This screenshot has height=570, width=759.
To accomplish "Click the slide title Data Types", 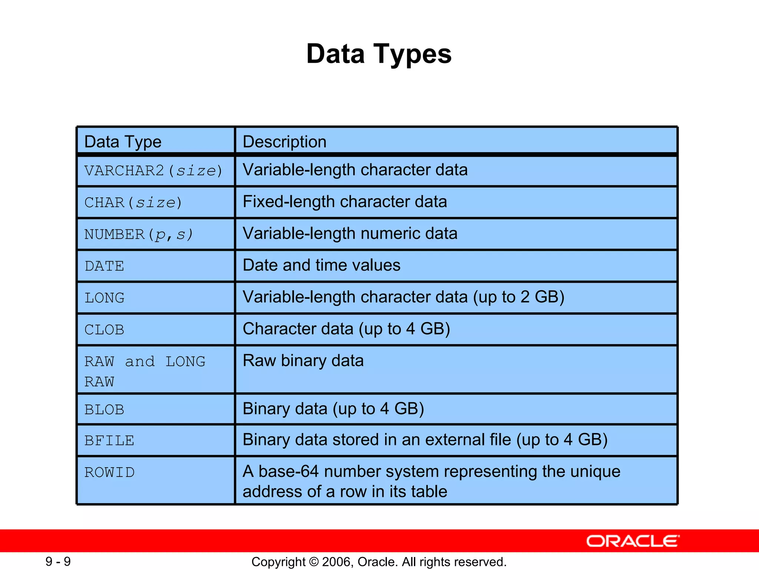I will (x=379, y=54).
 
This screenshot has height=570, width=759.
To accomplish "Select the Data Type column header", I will (x=123, y=142).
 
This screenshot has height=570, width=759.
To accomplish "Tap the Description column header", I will (x=284, y=142).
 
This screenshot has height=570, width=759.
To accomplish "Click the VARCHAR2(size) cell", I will (x=153, y=171).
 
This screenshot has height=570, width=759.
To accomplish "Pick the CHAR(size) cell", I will (x=133, y=203).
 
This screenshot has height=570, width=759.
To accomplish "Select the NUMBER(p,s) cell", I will (x=138, y=235).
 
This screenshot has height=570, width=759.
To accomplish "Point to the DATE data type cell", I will (x=104, y=266).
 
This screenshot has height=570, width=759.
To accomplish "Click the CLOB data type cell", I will (x=104, y=330).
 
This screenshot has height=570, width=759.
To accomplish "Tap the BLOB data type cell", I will (x=104, y=410).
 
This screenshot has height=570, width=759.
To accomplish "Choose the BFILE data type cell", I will (x=109, y=441).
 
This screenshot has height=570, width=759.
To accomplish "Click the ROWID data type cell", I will (x=109, y=472).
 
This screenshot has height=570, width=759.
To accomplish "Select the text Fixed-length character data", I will (x=345, y=202).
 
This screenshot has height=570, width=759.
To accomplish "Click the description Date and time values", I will (x=321, y=265).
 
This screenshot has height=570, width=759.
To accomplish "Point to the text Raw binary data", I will (x=303, y=361).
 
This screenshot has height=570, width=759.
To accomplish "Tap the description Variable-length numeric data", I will (x=350, y=234).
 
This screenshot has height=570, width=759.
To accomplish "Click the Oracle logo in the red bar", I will (x=633, y=541).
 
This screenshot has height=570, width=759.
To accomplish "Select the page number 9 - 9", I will (x=58, y=561).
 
